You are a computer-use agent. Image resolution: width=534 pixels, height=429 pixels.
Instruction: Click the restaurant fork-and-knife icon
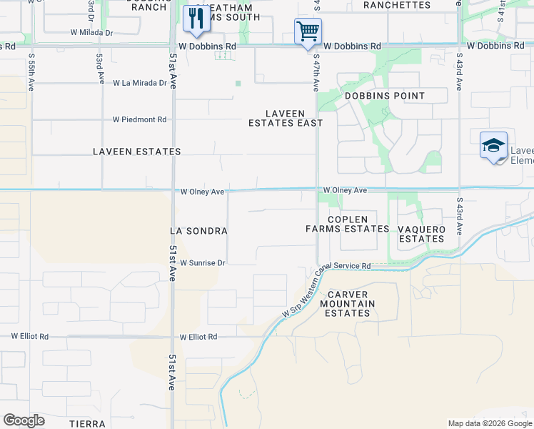pos(196,18)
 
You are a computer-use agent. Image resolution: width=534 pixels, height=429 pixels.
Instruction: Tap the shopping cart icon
pos(308,31)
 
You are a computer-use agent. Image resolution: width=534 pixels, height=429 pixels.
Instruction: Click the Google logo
pos(24,420)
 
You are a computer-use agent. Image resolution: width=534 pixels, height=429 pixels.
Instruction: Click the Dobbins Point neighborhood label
pos(385,96)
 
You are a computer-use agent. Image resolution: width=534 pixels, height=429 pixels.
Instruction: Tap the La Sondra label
pos(198,231)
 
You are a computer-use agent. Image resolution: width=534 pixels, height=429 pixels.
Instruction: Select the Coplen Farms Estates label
pos(348,224)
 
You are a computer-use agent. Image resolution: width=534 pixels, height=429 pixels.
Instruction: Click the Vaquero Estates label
pos(422,234)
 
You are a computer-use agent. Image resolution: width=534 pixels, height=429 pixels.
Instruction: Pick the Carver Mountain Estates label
pos(348,304)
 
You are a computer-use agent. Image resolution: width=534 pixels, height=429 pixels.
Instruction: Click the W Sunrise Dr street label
pos(202,263)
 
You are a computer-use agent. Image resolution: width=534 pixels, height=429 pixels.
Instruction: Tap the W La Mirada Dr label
pos(139,83)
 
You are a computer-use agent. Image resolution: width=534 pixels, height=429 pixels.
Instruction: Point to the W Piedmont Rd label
pos(139,119)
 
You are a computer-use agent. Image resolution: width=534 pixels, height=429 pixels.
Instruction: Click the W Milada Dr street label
pos(91,33)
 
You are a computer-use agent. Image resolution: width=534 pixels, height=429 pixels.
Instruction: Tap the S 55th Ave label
pos(31,70)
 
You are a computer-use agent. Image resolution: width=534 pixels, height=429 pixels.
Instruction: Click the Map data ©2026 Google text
pos(489,423)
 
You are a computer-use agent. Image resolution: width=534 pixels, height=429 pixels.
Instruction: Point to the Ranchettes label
pos(397,5)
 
